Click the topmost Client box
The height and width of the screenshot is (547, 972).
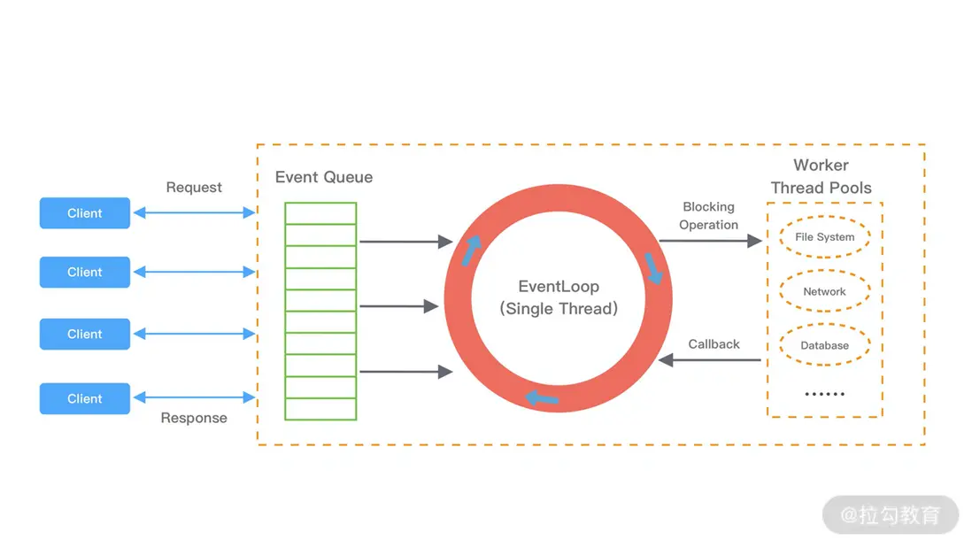(85, 213)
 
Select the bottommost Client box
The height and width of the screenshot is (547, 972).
(85, 399)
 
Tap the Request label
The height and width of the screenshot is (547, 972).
(194, 188)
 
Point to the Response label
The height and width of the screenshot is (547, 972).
(194, 418)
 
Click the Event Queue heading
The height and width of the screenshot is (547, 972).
(324, 177)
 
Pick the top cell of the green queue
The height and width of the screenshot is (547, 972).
(320, 213)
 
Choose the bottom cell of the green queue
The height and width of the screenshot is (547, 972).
(320, 409)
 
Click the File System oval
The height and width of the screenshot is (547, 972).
(824, 237)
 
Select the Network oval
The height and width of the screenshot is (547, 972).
(824, 291)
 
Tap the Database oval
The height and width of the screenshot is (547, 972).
(824, 345)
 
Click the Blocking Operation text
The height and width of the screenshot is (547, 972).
(708, 216)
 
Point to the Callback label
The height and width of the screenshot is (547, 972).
(714, 344)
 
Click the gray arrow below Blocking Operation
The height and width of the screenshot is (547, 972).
(710, 241)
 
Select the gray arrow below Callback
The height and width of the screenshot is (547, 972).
(710, 360)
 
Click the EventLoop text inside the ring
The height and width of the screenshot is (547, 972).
(559, 287)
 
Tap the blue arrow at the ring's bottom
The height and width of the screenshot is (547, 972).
(542, 398)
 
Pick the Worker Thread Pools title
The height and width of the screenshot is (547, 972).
(821, 176)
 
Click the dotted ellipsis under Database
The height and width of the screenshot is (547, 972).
(824, 394)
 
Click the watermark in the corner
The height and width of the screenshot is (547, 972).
(891, 514)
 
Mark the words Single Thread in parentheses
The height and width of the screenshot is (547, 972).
(559, 309)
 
